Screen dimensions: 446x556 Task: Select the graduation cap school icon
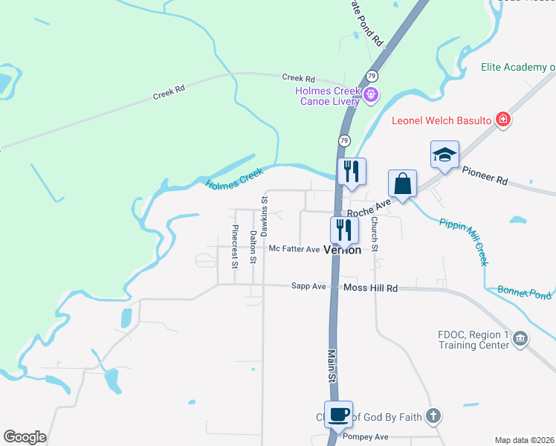(445, 155)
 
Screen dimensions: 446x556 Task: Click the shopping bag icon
(402, 184)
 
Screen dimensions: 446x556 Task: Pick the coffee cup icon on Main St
(338, 415)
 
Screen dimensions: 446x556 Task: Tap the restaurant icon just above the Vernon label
(344, 230)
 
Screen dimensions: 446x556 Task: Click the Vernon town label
(342, 251)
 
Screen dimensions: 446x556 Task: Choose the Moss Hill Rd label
(370, 288)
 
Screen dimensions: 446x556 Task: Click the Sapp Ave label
(308, 285)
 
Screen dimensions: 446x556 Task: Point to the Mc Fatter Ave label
(294, 249)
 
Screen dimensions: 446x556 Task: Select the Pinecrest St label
(235, 245)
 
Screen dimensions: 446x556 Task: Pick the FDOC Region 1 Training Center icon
(521, 340)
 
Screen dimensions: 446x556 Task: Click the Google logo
(25, 437)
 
